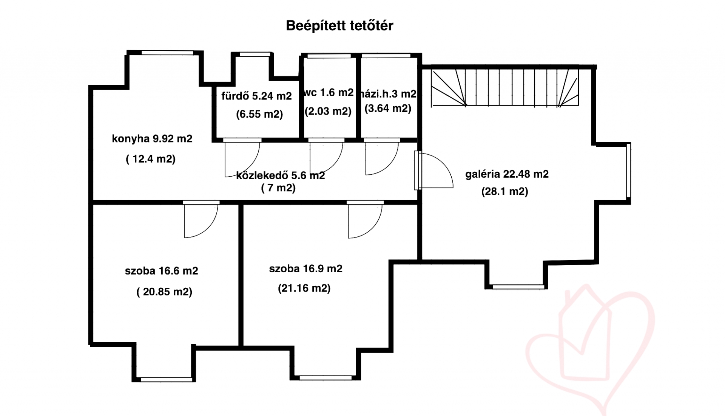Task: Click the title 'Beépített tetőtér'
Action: click(339, 26)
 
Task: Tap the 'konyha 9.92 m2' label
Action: click(152, 139)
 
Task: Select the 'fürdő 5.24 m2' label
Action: click(256, 96)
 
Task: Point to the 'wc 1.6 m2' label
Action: click(329, 92)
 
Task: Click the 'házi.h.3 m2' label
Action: click(389, 94)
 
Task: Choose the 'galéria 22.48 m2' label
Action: click(507, 174)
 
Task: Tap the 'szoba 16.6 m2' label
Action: click(161, 271)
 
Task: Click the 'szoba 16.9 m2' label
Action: click(305, 269)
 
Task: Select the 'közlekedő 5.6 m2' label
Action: click(281, 175)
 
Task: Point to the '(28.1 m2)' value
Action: click(505, 191)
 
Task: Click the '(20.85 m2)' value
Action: click(164, 292)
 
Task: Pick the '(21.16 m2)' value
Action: click(304, 289)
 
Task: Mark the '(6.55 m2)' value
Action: click(259, 114)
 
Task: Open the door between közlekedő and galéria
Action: click(434, 171)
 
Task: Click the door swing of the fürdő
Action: click(242, 158)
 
